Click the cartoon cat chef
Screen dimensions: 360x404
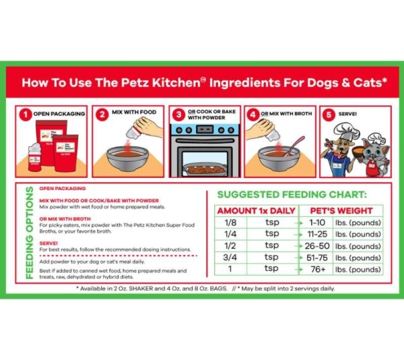[373, 152]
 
